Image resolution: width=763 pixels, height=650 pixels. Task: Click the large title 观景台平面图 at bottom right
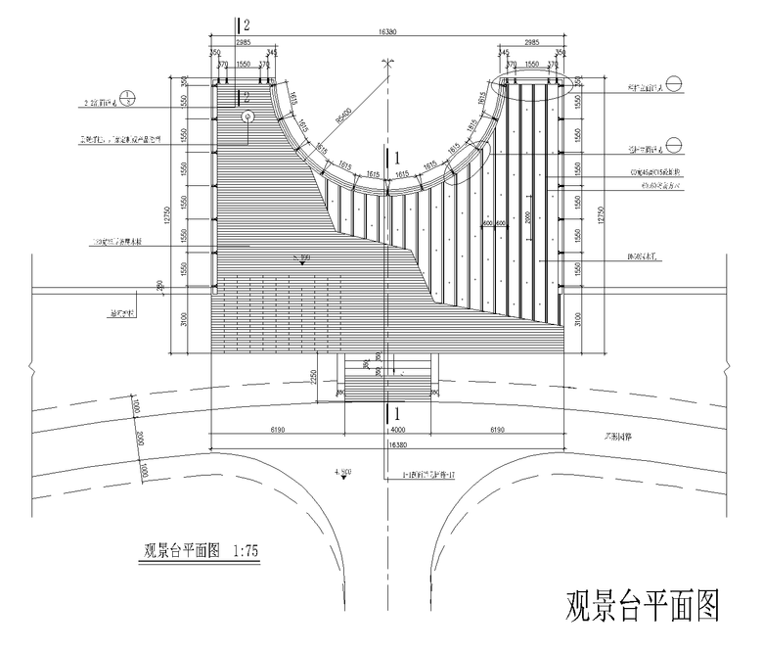pyautogui.click(x=642, y=607)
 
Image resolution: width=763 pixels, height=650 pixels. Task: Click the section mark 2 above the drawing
pyautogui.click(x=247, y=24)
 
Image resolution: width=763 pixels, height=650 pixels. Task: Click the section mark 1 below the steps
pyautogui.click(x=395, y=415)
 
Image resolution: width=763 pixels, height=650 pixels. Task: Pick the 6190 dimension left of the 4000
pyautogui.click(x=277, y=430)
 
